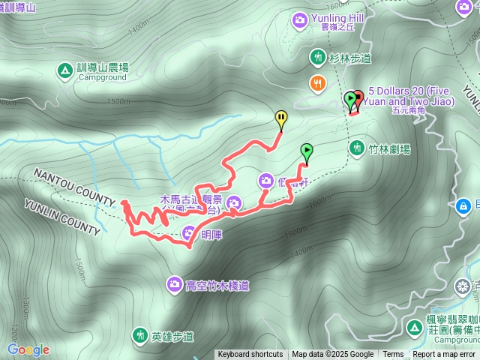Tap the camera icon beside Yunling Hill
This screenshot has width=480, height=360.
[301, 19]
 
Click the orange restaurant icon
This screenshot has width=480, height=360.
[319, 83]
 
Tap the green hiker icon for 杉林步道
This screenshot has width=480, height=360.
[318, 57]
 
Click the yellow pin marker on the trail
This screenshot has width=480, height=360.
[280, 118]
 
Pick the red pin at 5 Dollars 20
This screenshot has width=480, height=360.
[357, 98]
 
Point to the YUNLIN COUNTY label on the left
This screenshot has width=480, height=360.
[62, 217]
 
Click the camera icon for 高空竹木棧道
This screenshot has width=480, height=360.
[174, 284]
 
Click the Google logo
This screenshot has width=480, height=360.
[28, 349]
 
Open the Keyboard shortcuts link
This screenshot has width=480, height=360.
[250, 355]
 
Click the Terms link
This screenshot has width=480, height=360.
[393, 355]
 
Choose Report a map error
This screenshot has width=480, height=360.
[444, 355]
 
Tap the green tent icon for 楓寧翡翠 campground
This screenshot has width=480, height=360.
[414, 327]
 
